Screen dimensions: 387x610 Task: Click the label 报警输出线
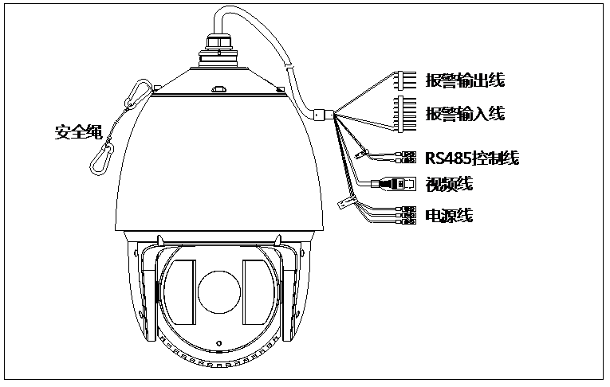tap(466, 80)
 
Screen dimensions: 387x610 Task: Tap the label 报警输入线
tap(466, 114)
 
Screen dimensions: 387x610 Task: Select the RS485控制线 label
tap(472, 158)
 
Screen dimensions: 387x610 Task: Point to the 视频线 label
tap(449, 184)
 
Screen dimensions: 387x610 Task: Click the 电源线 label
tap(449, 215)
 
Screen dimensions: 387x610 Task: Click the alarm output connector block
tap(406, 80)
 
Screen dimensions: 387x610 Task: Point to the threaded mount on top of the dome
tap(219, 49)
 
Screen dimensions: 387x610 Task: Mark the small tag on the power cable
tap(345, 202)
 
